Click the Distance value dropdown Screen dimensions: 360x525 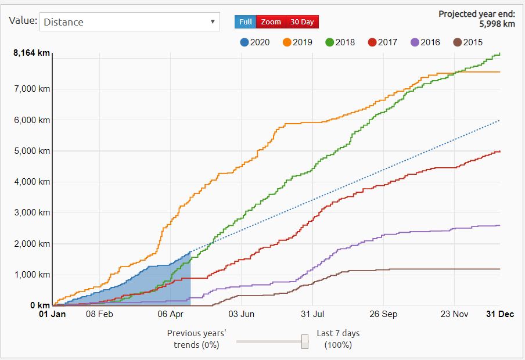pyautogui.click(x=130, y=22)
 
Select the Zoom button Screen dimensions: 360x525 pyautogui.click(x=271, y=22)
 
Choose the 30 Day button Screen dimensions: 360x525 pyautogui.click(x=302, y=22)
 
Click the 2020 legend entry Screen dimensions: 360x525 pyautogui.click(x=254, y=42)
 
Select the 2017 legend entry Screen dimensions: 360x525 pyautogui.click(x=382, y=42)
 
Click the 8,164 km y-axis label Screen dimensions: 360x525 pyautogui.click(x=31, y=53)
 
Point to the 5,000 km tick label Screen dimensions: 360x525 pyautogui.click(x=34, y=151)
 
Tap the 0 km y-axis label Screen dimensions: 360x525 pyautogui.click(x=39, y=305)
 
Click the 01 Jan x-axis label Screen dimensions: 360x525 pyautogui.click(x=52, y=315)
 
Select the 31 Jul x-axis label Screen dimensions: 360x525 pyautogui.click(x=312, y=315)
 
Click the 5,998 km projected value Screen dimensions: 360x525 pyautogui.click(x=498, y=24)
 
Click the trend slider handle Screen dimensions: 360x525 pyautogui.click(x=304, y=341)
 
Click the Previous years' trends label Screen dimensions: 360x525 pyautogui.click(x=196, y=339)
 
